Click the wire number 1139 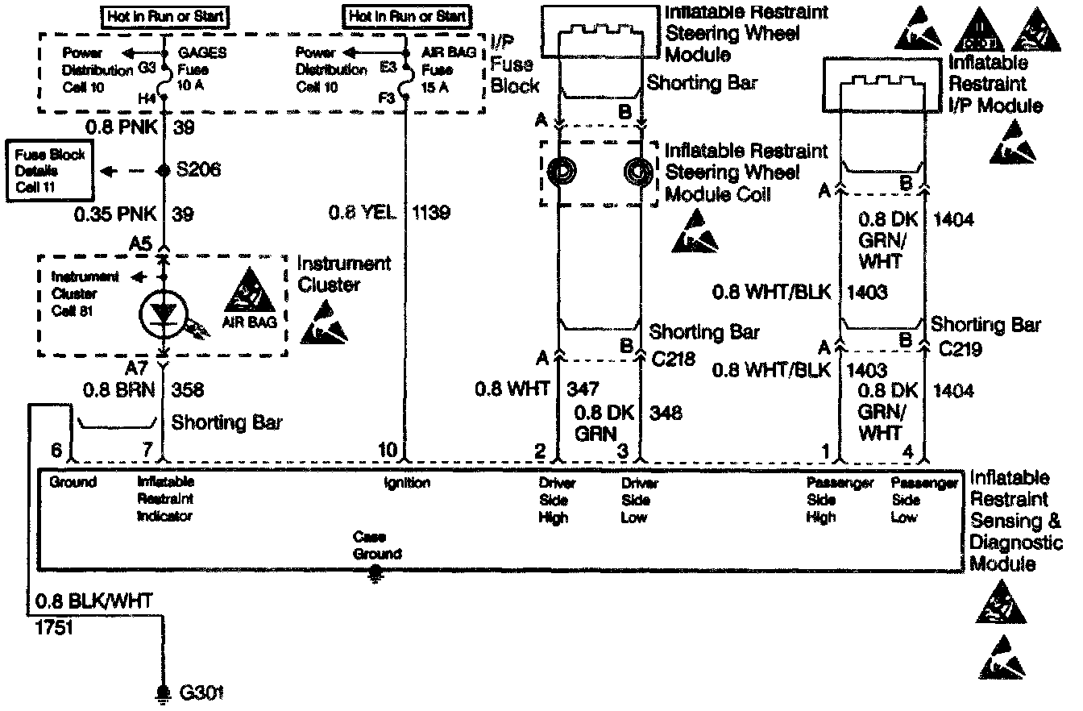coord(431,213)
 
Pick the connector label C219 coord(960,351)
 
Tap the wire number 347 coord(582,389)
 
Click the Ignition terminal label coord(407,484)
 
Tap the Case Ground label coord(376,545)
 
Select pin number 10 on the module coord(388,450)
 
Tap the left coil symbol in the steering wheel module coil coord(559,172)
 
